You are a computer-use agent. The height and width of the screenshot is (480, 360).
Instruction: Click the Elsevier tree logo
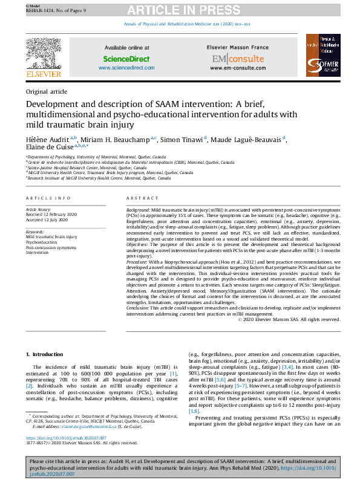tap(43, 53)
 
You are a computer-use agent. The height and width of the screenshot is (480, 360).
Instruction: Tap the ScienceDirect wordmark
tap(126, 59)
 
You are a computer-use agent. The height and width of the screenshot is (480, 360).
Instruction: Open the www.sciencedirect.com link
tap(126, 68)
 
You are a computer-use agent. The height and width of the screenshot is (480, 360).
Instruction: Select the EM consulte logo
tap(237, 59)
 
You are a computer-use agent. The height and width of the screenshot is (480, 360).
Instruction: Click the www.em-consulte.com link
tap(237, 68)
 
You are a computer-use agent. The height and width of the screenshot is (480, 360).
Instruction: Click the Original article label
tap(47, 91)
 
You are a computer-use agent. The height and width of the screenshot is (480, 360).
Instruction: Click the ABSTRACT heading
tap(142, 198)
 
